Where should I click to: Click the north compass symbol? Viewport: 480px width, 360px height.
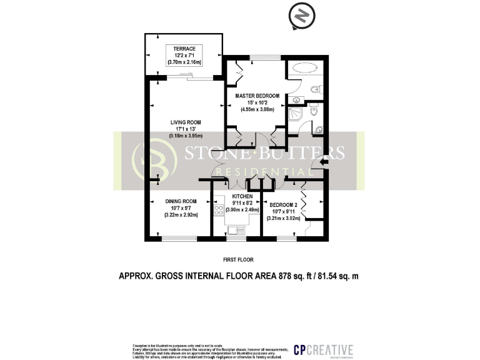coord(301,17)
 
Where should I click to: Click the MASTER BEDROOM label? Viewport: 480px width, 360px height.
coord(257,96)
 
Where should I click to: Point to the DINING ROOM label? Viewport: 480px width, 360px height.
coord(181,201)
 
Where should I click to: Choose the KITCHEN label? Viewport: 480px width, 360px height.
coord(241,196)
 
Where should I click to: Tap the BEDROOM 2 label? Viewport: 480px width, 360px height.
coord(284,204)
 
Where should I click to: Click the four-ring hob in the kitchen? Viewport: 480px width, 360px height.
coord(219,210)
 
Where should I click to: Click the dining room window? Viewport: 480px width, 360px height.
coord(178,238)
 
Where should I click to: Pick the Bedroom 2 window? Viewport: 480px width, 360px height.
coord(286,238)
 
